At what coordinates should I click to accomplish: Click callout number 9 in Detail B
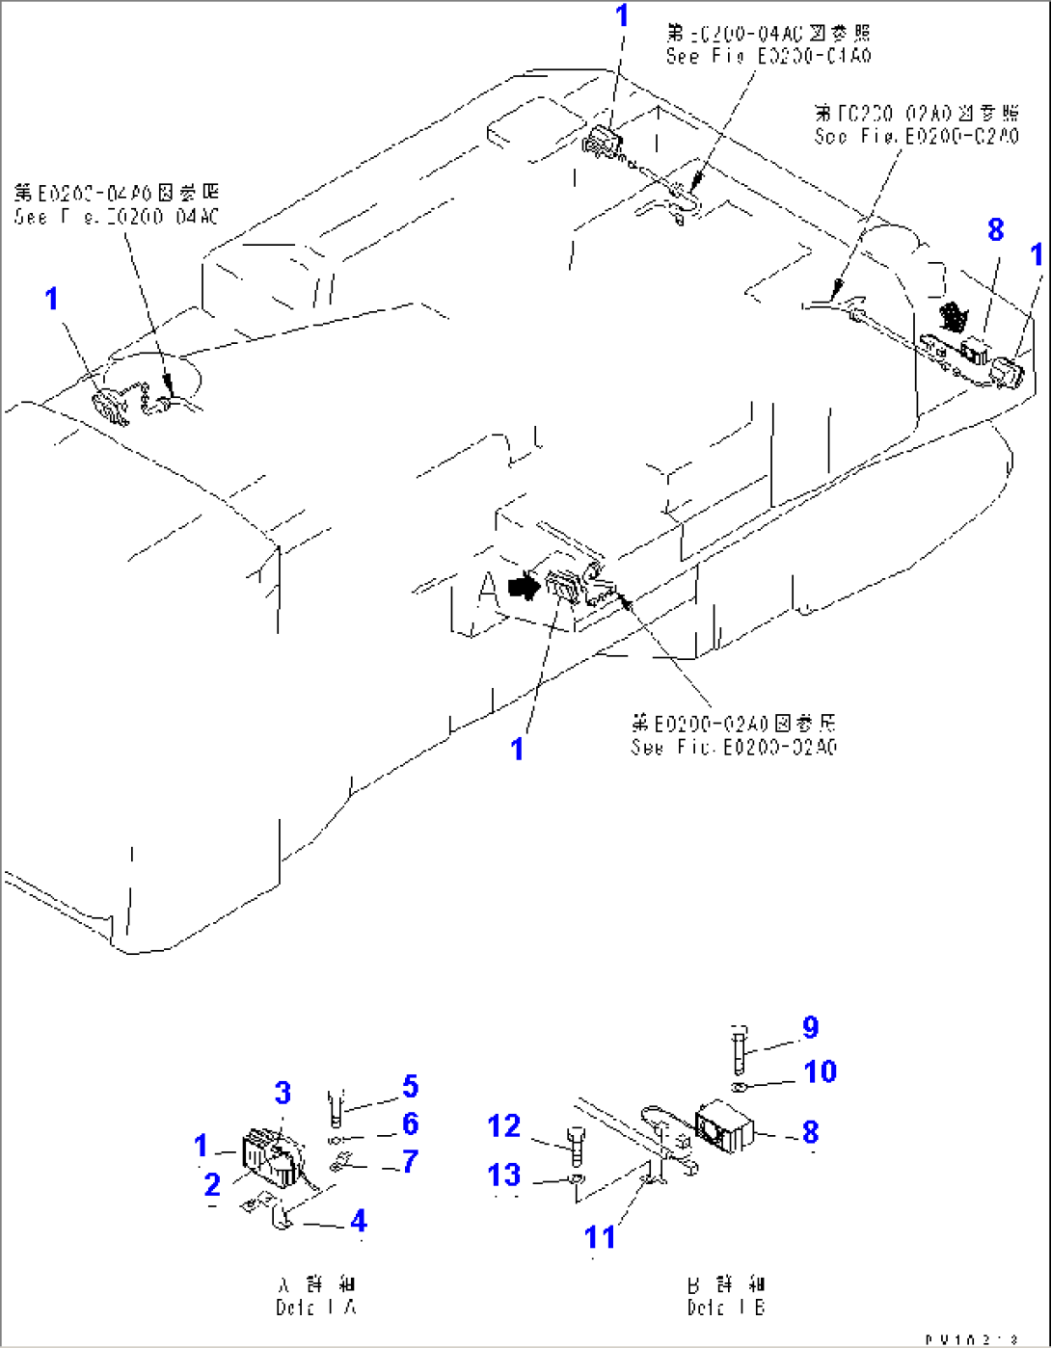(x=810, y=1027)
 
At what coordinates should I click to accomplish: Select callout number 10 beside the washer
(x=820, y=1071)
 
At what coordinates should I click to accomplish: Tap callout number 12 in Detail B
(x=504, y=1125)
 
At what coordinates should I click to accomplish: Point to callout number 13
(x=504, y=1175)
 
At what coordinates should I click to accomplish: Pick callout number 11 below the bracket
(x=600, y=1236)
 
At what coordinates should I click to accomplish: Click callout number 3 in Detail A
(x=283, y=1093)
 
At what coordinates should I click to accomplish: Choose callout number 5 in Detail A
(x=410, y=1087)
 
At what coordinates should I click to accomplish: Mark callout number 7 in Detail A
(x=410, y=1161)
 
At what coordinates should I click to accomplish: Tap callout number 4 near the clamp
(x=358, y=1221)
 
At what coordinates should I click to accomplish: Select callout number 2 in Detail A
(x=212, y=1184)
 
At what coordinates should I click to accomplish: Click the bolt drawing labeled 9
(x=738, y=1049)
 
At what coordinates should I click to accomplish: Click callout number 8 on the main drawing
(x=995, y=229)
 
